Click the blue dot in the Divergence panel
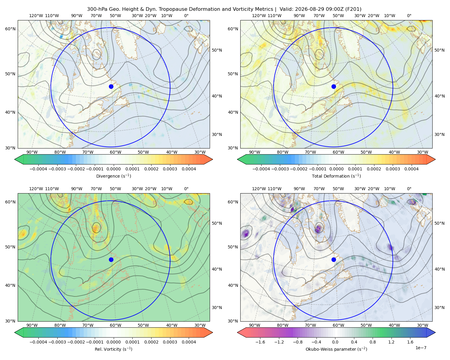click(x=111, y=86)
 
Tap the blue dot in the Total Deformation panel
click(x=334, y=86)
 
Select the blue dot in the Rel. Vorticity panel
click(x=111, y=259)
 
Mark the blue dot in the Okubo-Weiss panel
click(x=334, y=259)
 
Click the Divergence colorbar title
click(x=113, y=176)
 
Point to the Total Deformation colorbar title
click(x=336, y=176)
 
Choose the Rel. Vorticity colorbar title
click(x=113, y=349)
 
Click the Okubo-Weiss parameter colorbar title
click(x=336, y=349)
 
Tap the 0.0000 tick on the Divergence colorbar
click(x=113, y=169)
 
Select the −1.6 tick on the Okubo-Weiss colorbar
click(x=260, y=342)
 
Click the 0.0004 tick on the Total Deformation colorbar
click(x=412, y=169)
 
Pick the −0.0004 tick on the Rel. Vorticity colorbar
click(x=38, y=342)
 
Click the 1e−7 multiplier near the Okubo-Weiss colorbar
click(x=421, y=348)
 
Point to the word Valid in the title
click(x=285, y=9)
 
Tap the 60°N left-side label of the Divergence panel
click(x=10, y=29)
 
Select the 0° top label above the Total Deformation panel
click(x=409, y=16)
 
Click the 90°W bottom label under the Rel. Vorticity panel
click(x=32, y=325)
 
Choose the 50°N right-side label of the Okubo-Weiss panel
click(x=439, y=223)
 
